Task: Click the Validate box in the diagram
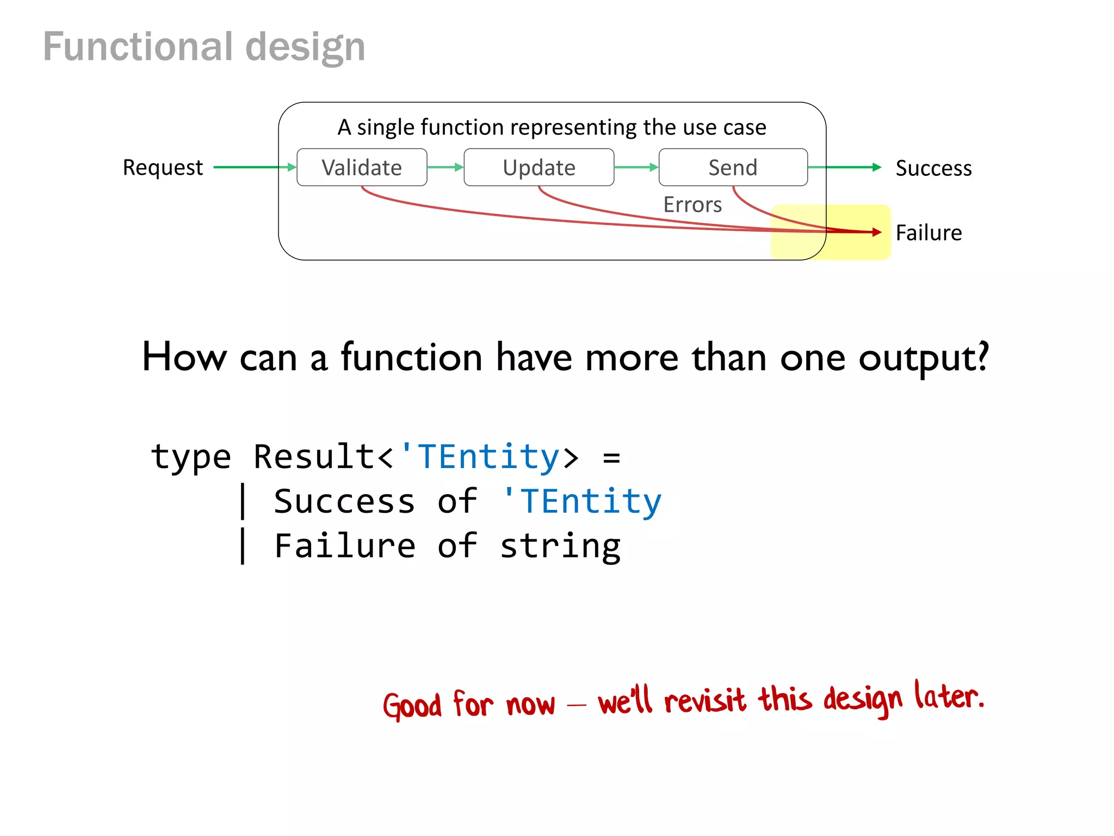362,167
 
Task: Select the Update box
539,167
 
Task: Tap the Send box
733,167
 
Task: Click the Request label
163,167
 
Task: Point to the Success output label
933,168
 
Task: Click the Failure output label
929,232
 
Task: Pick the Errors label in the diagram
692,205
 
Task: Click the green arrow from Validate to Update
445,167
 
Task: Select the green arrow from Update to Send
636,167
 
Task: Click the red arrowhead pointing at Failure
876,232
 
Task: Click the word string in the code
560,546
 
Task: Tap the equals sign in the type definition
611,457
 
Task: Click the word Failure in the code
345,546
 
